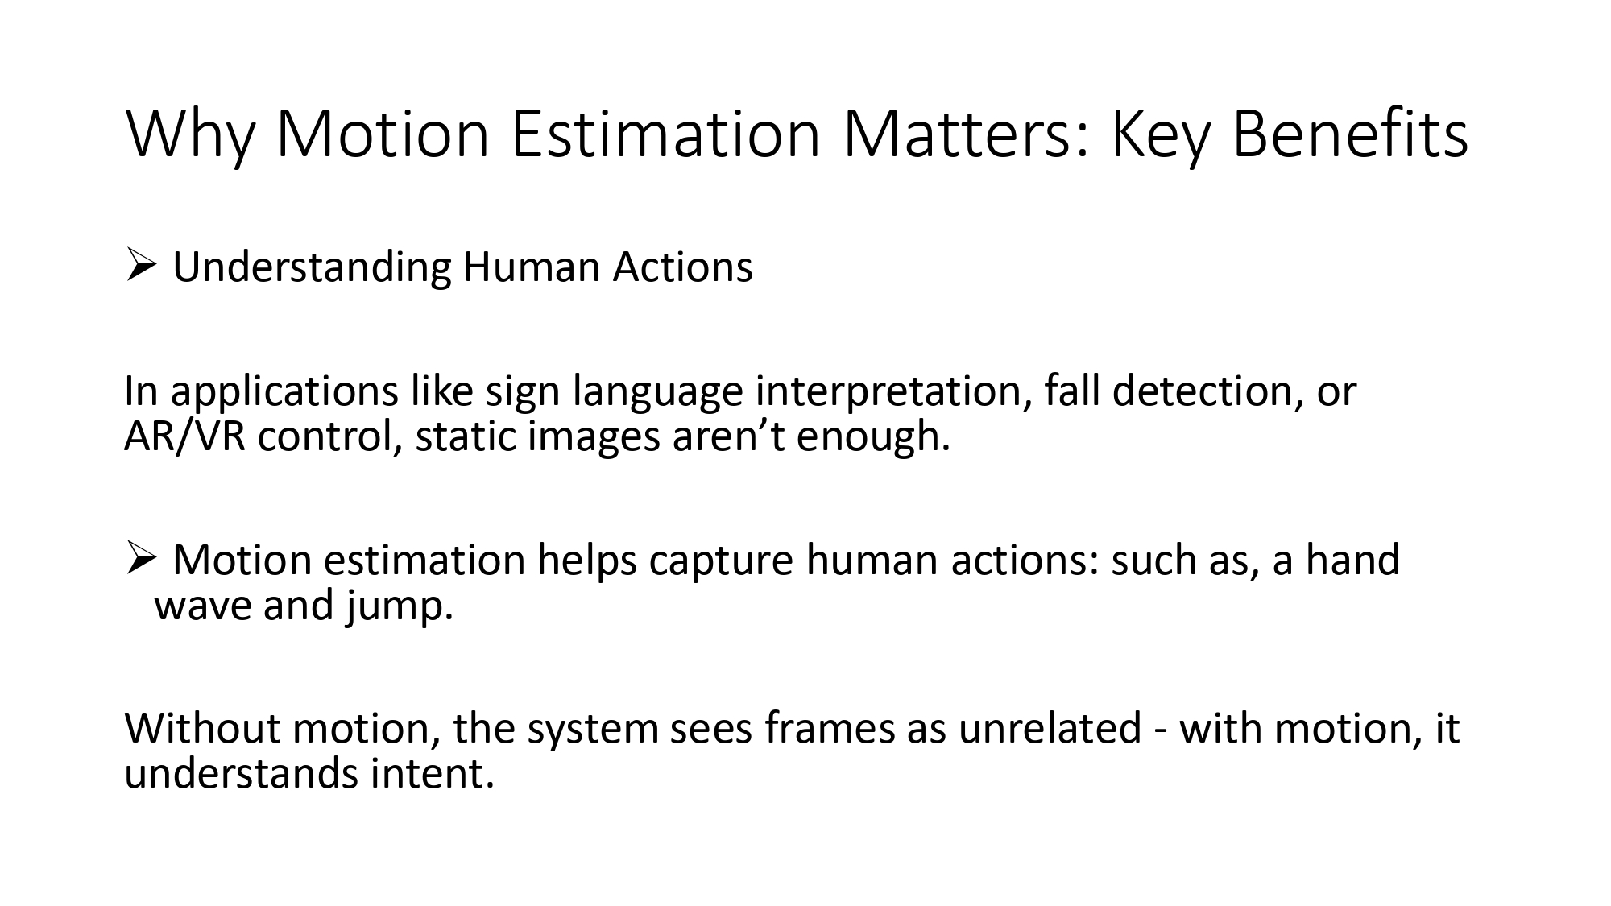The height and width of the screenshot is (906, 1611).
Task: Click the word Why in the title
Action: click(189, 134)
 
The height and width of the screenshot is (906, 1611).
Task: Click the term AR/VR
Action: click(184, 436)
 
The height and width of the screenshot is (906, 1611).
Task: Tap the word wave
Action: click(201, 606)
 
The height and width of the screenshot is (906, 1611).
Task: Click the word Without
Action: click(202, 728)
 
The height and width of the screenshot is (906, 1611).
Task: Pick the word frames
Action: click(830, 728)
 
